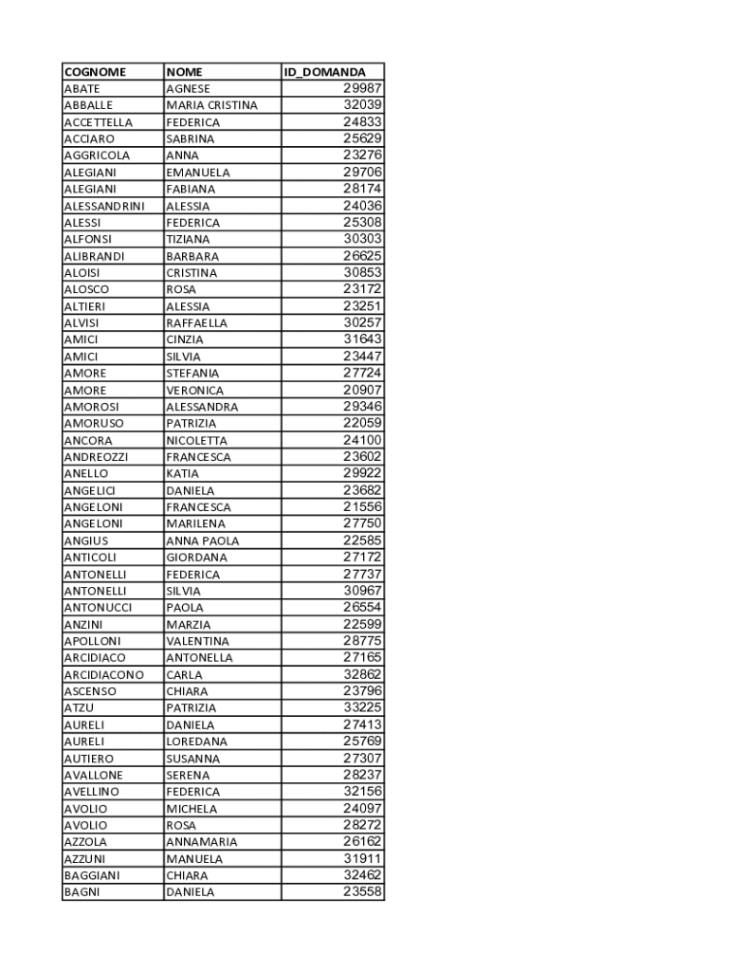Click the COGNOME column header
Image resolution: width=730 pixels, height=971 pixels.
[x=95, y=72]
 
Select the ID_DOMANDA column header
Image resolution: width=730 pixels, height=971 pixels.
[x=325, y=72]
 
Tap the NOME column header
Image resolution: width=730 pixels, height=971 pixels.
[x=185, y=72]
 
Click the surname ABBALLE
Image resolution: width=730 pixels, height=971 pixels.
[x=88, y=105]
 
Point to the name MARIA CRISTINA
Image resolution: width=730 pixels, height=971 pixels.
[x=211, y=105]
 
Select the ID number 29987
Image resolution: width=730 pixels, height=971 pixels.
[x=362, y=88]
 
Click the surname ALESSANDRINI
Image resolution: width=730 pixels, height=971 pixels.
[x=104, y=206]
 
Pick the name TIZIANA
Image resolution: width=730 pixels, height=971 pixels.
[x=188, y=239]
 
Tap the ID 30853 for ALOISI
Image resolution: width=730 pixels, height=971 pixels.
[x=362, y=272]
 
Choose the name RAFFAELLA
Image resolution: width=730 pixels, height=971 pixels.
[x=196, y=322]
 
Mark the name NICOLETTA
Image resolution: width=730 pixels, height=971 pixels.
[x=196, y=440]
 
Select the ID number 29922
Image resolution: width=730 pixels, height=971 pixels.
[x=362, y=473]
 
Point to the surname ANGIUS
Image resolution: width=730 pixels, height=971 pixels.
[x=86, y=540]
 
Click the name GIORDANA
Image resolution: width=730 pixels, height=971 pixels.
[x=196, y=558]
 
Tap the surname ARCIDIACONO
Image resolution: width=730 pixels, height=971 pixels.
[x=103, y=674]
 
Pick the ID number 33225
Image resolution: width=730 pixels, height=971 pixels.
[x=362, y=707]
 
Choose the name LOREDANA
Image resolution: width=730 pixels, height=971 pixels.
[x=196, y=742]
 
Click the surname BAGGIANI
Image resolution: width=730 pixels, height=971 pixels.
[x=92, y=875]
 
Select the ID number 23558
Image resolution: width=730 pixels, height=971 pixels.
[x=362, y=892]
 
